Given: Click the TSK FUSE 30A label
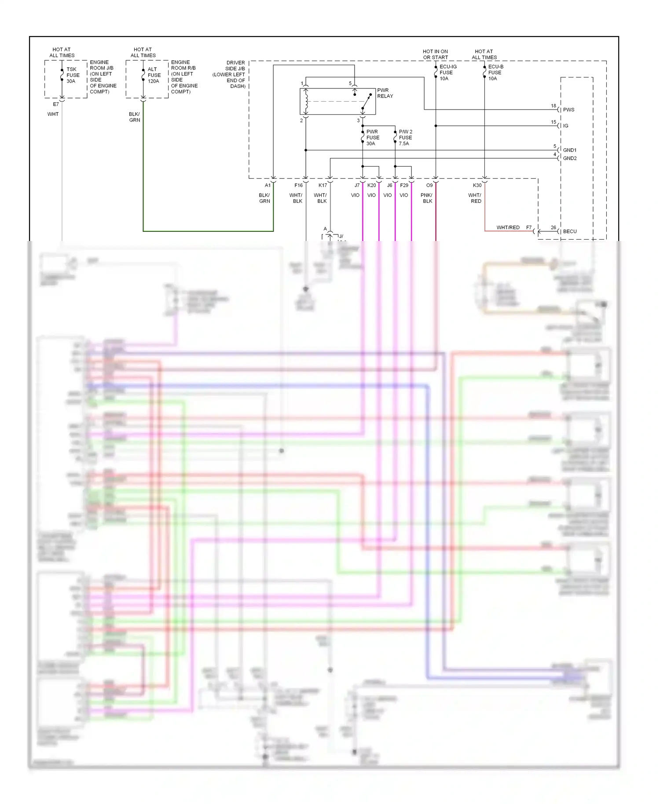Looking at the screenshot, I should [73, 75].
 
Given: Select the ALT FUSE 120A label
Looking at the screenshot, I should [154, 75].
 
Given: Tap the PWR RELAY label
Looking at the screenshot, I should [385, 93].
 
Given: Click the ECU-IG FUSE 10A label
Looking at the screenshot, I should [448, 73].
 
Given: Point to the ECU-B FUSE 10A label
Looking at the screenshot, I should [495, 73].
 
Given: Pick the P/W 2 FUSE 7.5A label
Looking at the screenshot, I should [405, 138].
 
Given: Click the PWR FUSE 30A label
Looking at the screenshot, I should [373, 138].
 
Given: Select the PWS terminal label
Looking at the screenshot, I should [568, 110].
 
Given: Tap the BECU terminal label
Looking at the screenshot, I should [569, 231].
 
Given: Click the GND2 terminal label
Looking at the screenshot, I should [569, 158].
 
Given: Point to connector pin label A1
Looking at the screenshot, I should [268, 186].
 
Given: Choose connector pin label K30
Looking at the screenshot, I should [477, 186].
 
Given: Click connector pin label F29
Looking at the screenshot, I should [404, 186].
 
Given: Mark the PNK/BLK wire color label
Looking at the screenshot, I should [427, 198].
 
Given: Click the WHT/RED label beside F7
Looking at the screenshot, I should [508, 227].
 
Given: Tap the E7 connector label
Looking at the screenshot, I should [56, 105].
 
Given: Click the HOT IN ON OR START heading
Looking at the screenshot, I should [435, 55].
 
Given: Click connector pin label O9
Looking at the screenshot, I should [429, 186].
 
